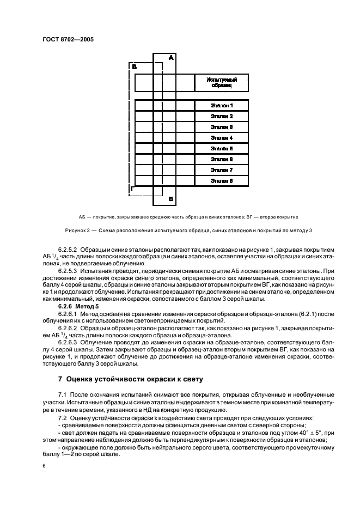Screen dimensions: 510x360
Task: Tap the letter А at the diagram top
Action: coord(171,57)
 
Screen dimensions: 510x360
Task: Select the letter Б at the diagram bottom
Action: coord(170,199)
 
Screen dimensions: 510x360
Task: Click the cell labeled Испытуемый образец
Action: coord(222,83)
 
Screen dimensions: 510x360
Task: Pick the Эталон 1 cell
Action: coord(222,105)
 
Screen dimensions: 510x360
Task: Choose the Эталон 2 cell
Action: coord(222,116)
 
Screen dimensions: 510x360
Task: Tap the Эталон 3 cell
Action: coord(222,126)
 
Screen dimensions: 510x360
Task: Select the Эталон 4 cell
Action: coord(222,137)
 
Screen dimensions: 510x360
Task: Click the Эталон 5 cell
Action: coord(222,148)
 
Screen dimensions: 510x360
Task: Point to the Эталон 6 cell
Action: coord(222,159)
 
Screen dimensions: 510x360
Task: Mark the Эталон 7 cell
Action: coord(222,169)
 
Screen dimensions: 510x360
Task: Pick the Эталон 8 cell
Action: coord(222,180)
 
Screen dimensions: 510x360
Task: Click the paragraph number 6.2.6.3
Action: coord(69,341)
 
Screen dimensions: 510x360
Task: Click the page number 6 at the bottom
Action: coord(43,466)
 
